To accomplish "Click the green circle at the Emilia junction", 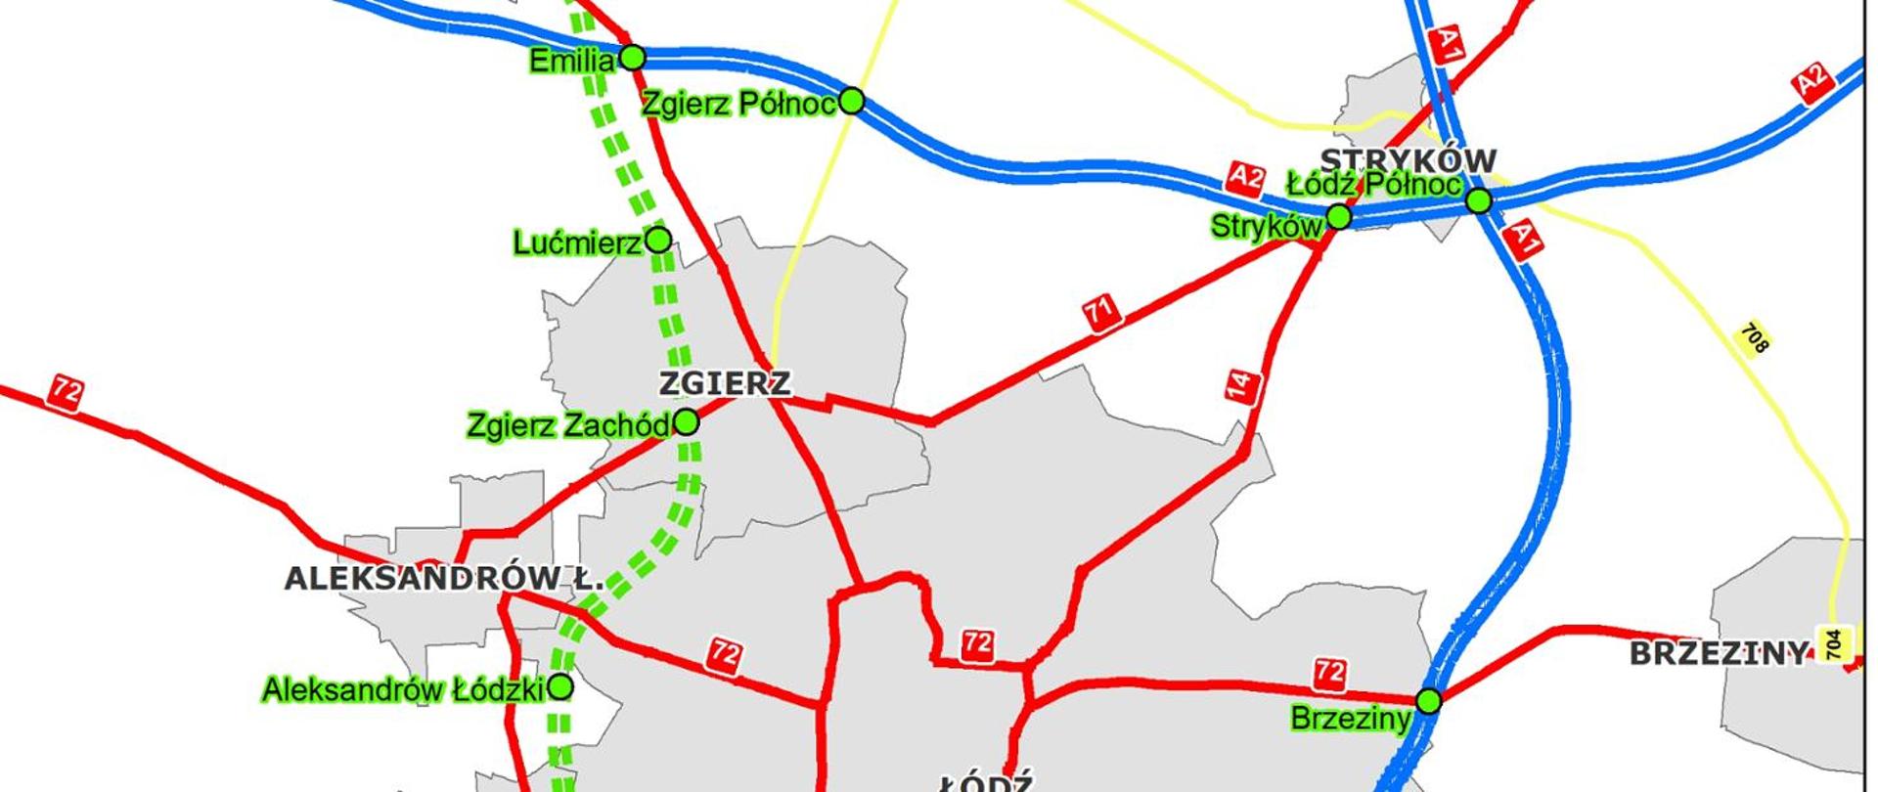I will click(633, 58).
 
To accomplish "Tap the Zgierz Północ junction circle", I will click(852, 100).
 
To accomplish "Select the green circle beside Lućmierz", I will click(659, 240).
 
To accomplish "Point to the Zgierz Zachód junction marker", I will click(687, 422).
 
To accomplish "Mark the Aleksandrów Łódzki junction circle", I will click(560, 687).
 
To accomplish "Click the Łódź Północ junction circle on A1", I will click(1479, 201).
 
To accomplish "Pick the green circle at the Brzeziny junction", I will click(1429, 701).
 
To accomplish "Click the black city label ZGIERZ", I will click(724, 383).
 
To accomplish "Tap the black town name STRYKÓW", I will click(1408, 159).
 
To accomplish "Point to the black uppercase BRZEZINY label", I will click(1718, 653).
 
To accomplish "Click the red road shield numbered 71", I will click(1100, 315).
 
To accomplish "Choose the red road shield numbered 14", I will click(1240, 385).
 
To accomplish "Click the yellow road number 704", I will click(1834, 644).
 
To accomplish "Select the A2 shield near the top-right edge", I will click(1811, 82).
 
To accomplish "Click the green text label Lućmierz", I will click(577, 242).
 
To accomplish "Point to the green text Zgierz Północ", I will click(739, 104).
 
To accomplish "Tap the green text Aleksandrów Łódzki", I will click(403, 690).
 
